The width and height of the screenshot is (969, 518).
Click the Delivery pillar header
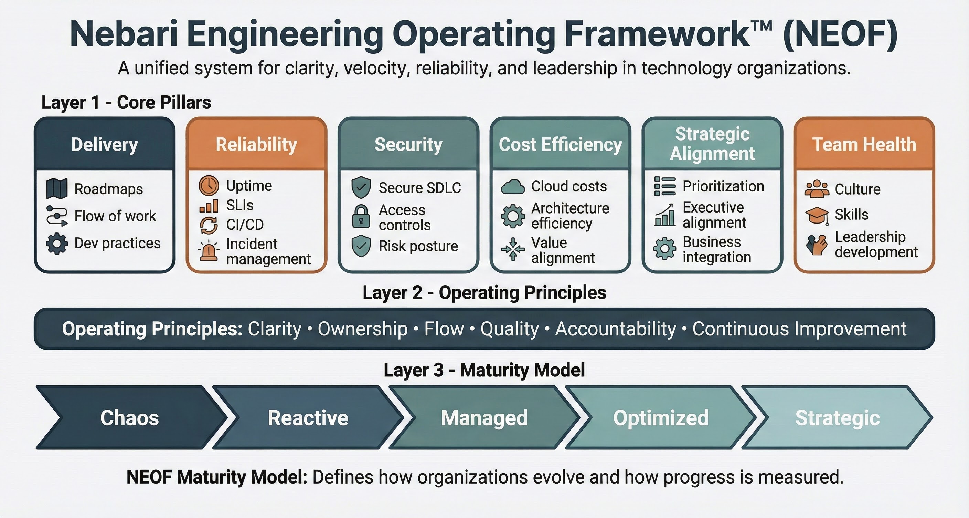[105, 145]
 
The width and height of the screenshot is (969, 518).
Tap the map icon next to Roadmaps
[57, 188]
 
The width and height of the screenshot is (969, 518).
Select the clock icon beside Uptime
[209, 186]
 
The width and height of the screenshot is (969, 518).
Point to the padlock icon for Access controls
[361, 216]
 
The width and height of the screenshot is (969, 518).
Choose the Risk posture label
[418, 246]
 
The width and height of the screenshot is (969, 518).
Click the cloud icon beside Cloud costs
[512, 187]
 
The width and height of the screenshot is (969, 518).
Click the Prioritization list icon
[665, 186]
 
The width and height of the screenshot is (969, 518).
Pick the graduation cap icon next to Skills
[817, 215]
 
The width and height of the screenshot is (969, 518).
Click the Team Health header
[864, 145]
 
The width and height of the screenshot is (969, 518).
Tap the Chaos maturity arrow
[129, 418]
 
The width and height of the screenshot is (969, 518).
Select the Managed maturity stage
[484, 418]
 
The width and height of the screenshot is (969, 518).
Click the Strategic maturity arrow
[837, 418]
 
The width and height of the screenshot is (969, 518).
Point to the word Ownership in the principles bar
[363, 329]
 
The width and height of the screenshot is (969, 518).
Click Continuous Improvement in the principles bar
[799, 329]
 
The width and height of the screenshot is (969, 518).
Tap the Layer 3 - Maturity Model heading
[484, 370]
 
